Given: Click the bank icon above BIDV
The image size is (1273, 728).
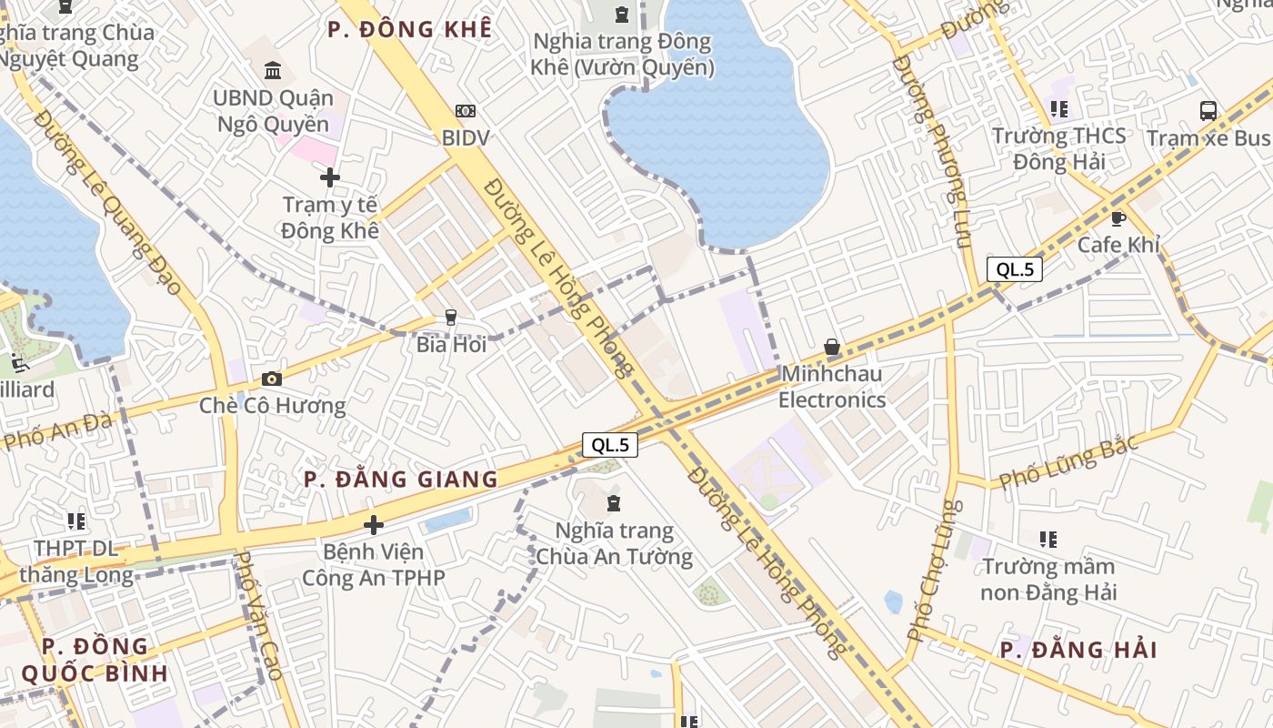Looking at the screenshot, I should point(466,111).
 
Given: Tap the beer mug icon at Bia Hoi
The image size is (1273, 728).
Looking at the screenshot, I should point(450,318).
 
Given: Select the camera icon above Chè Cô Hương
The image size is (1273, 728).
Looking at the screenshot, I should point(271,379).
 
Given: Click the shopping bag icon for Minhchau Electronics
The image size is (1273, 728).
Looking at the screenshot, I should point(831,347).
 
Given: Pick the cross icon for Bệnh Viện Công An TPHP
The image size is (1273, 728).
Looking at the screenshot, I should point(373,525).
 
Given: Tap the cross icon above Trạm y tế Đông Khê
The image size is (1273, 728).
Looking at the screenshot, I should point(330,177).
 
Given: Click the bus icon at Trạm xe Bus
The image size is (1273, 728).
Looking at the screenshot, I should point(1208,111).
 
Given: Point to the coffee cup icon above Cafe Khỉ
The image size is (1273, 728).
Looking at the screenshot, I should point(1118,218).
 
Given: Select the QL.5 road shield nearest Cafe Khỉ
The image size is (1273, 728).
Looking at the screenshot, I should point(1014,269).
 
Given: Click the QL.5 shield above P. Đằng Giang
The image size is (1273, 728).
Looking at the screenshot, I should point(610,445).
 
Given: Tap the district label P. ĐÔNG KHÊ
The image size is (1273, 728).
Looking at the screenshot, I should point(410,30).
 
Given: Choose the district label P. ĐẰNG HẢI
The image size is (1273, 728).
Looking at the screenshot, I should point(1078,650).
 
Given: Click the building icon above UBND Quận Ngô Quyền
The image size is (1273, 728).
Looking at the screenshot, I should point(272,70).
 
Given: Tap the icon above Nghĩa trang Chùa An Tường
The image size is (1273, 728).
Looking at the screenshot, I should point(614,503).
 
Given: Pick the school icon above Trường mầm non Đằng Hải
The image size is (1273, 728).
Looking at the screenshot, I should point(1047,540).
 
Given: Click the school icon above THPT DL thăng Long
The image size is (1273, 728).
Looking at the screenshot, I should point(76,521).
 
